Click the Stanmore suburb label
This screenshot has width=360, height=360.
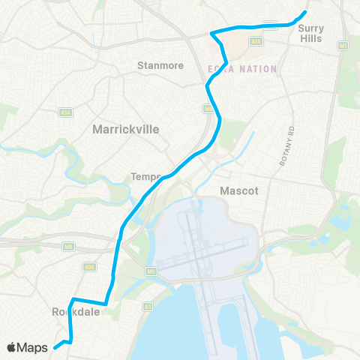160,65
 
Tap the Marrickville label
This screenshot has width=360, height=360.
125,129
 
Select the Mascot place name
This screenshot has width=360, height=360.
238,190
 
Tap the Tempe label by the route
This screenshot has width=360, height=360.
145,177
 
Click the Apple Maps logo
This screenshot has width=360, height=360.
29,347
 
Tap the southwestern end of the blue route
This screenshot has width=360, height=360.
55,346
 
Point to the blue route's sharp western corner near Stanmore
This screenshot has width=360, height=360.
212,33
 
